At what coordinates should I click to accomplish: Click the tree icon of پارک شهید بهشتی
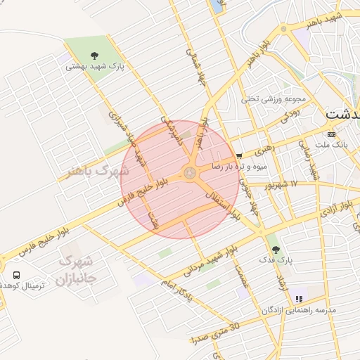click(94, 54)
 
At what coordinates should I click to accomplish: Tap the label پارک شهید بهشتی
click(95, 67)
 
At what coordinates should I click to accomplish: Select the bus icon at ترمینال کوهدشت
click(15, 275)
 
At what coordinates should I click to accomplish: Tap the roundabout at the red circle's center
click(190, 172)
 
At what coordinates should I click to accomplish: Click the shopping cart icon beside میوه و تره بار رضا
click(240, 155)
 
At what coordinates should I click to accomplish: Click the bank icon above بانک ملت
click(332, 134)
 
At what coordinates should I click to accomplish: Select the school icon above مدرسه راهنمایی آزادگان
click(300, 297)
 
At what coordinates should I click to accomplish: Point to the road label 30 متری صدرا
click(215, 333)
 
